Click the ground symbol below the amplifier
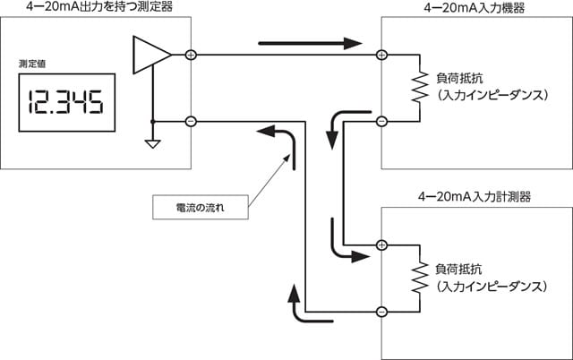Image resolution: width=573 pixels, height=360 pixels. pyautogui.click(x=152, y=141)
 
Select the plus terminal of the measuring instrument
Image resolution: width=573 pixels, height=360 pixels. pyautogui.click(x=190, y=56)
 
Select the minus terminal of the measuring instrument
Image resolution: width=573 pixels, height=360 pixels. pyautogui.click(x=190, y=121)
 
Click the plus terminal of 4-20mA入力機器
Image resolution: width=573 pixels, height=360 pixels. pyautogui.click(x=381, y=56)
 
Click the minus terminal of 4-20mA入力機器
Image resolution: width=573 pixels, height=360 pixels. pyautogui.click(x=381, y=121)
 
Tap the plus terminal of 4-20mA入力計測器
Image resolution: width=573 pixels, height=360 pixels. pyautogui.click(x=381, y=244)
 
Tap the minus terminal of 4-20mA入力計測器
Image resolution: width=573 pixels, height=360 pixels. pyautogui.click(x=381, y=312)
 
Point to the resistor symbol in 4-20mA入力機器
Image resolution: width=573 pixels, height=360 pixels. pyautogui.click(x=417, y=88)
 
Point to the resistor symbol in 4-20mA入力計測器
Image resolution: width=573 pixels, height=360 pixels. pyautogui.click(x=417, y=278)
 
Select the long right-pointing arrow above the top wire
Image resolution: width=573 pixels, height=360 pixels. pyautogui.click(x=309, y=42)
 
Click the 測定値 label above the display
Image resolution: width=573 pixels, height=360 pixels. pyautogui.click(x=31, y=64)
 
